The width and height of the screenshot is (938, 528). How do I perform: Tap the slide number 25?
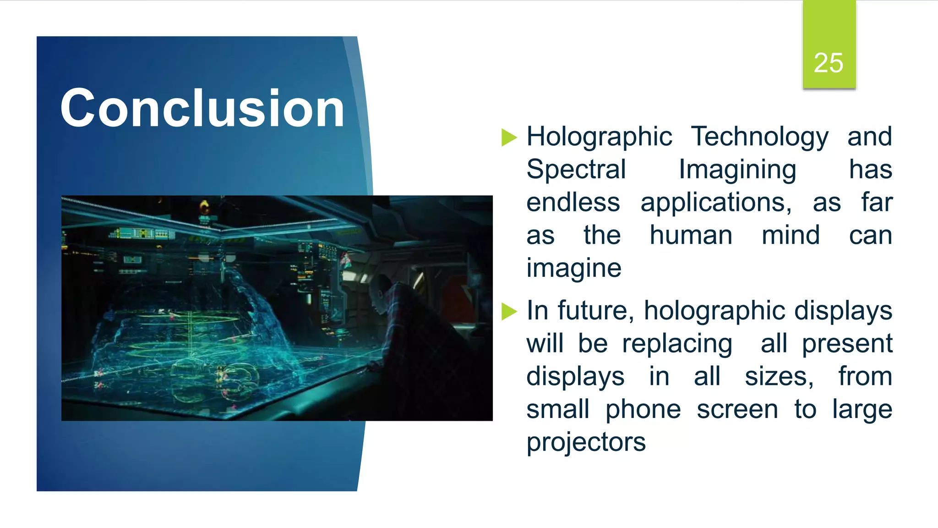(829, 63)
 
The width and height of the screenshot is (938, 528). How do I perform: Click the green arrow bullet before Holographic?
(509, 137)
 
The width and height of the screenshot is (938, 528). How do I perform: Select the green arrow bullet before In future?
(509, 312)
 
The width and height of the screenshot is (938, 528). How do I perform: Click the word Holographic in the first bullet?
(599, 137)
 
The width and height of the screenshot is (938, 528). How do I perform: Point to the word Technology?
(760, 137)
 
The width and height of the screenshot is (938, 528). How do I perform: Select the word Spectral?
(576, 169)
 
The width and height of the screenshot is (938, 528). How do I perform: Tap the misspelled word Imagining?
(737, 170)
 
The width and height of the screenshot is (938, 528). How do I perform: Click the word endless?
(573, 202)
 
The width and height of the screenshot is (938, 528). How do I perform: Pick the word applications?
(716, 203)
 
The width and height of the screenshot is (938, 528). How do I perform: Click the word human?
(691, 235)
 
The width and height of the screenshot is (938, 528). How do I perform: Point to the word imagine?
(574, 268)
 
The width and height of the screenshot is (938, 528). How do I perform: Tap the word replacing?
(677, 344)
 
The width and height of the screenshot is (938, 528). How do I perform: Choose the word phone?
(643, 410)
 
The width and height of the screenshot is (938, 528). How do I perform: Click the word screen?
(737, 409)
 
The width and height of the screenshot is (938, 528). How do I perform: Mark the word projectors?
(586, 443)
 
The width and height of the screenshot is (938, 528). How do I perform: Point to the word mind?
(791, 235)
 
